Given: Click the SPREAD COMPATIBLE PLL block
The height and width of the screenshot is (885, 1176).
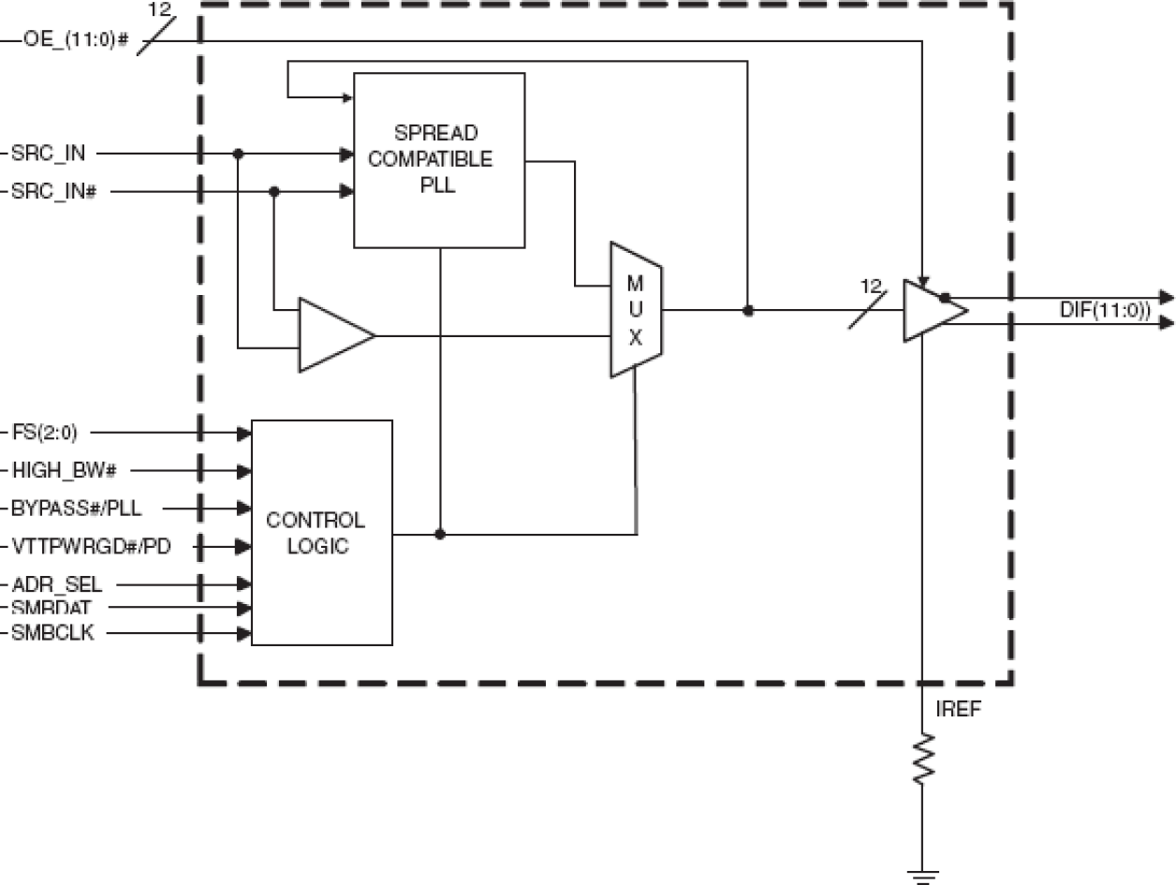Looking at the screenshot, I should pos(438,159).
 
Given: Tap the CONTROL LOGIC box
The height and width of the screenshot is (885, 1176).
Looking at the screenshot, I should pos(321,532).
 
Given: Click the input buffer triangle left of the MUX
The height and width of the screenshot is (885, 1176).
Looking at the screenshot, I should pos(332,335).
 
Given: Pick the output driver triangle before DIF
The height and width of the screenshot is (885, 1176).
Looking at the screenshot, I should pos(931,310).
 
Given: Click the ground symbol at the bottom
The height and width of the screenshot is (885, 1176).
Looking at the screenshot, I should pos(923,875).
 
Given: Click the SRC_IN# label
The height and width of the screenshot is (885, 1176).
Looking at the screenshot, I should pos(55,192).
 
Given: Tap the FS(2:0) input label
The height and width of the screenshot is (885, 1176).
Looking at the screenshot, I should pos(45,433).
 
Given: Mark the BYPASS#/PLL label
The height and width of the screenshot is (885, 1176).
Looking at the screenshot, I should pos(77,509).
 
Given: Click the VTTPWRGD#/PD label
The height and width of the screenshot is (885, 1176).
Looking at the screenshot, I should pos(91,546).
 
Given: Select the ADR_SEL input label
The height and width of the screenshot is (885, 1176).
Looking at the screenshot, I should pos(56,585).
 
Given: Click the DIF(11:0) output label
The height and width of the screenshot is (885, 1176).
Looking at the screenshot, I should pos(1105,310).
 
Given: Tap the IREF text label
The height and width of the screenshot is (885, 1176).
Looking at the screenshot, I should pos(958,709).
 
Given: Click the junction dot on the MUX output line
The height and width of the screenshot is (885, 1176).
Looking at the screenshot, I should pos(747,310).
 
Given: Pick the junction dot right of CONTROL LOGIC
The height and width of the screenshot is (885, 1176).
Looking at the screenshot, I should pos(440,534).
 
